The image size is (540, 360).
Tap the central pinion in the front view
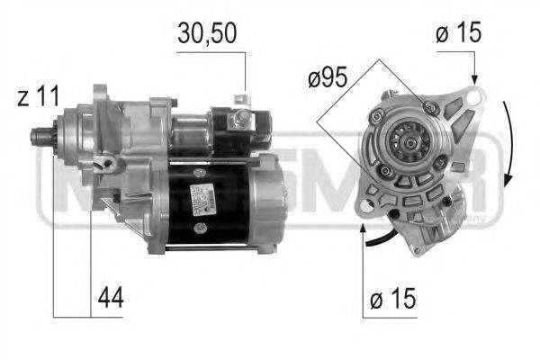(x=409, y=142)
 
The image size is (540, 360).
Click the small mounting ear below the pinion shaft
(x=105, y=163)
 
